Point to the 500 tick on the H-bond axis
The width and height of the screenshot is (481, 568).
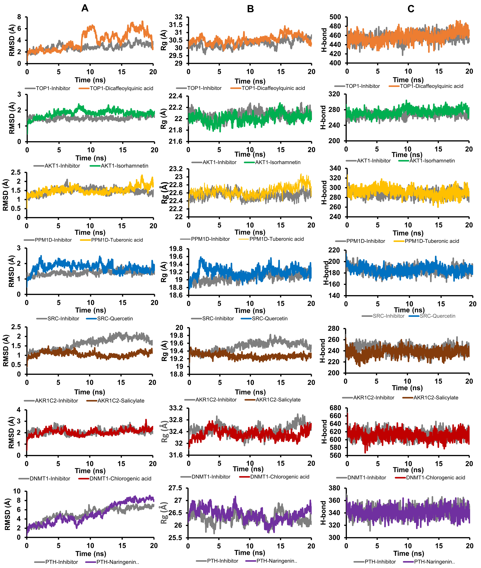(x=335, y=17)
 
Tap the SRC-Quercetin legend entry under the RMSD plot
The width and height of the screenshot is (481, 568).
(x=115, y=318)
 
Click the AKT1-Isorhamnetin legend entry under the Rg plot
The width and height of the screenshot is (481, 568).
(x=278, y=162)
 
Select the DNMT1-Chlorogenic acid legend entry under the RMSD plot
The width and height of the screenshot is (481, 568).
(x=120, y=479)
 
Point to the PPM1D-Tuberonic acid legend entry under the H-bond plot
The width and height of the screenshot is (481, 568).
(x=432, y=241)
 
